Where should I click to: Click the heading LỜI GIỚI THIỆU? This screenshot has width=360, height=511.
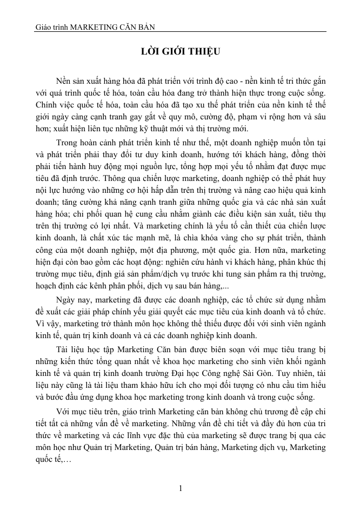pyautogui.click(x=180, y=52)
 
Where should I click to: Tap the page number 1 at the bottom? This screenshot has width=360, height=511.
pyautogui.click(x=181, y=489)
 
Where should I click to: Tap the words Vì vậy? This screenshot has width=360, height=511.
pyautogui.click(x=44, y=324)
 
